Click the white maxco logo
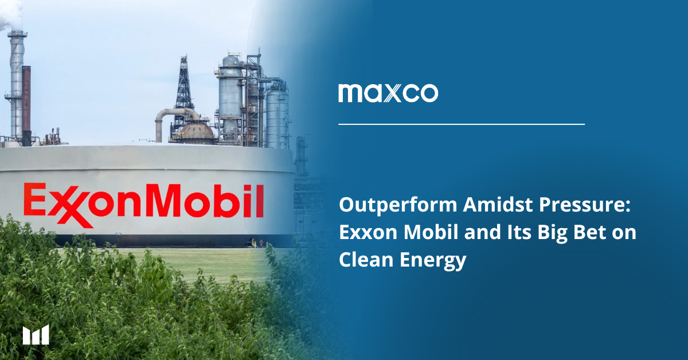pyautogui.click(x=388, y=93)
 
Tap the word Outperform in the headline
pyautogui.click(x=398, y=205)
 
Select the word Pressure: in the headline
pyautogui.click(x=585, y=205)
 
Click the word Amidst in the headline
pyautogui.click(x=498, y=205)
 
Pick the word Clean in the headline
pyautogui.click(x=366, y=260)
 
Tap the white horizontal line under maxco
pyautogui.click(x=462, y=124)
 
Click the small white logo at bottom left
pyautogui.click(x=36, y=335)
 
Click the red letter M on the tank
pyautogui.click(x=165, y=200)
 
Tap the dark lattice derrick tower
pyautogui.click(x=183, y=92)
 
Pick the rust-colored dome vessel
pyautogui.click(x=197, y=131)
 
